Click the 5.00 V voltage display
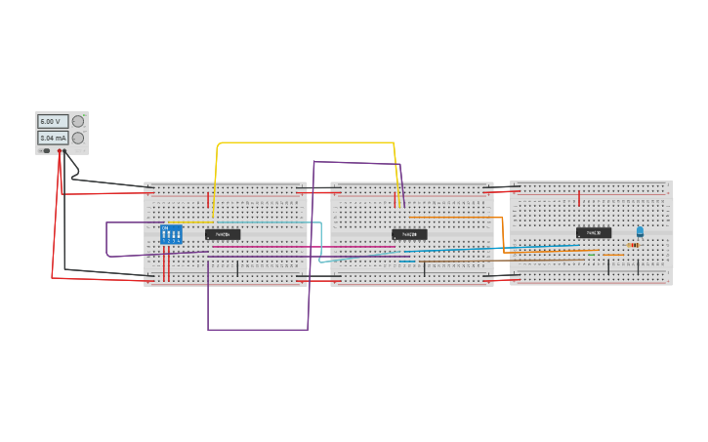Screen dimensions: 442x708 50,121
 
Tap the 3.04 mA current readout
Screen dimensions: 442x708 53,139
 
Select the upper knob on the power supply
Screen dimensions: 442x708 78,121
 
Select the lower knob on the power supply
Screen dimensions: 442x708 78,138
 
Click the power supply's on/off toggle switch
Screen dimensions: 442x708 46,150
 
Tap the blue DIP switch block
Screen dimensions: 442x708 171,234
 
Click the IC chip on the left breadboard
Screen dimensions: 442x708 223,234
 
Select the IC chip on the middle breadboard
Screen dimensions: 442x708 409,234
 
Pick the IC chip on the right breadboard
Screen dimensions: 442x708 593,233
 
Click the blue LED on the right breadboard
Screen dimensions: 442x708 640,231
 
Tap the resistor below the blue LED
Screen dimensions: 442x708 634,245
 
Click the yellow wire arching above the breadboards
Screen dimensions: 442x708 303,142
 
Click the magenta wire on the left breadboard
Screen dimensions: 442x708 293,248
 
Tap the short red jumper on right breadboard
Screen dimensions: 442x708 579,199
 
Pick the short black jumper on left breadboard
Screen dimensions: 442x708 237,267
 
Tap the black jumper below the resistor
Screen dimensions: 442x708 638,266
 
